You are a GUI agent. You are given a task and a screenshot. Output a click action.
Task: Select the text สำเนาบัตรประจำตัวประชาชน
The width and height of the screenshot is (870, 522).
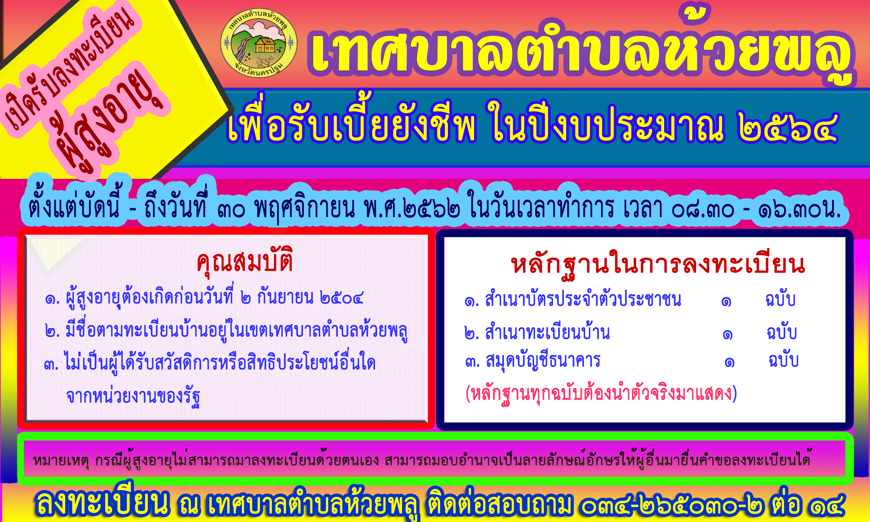click(583, 299)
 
